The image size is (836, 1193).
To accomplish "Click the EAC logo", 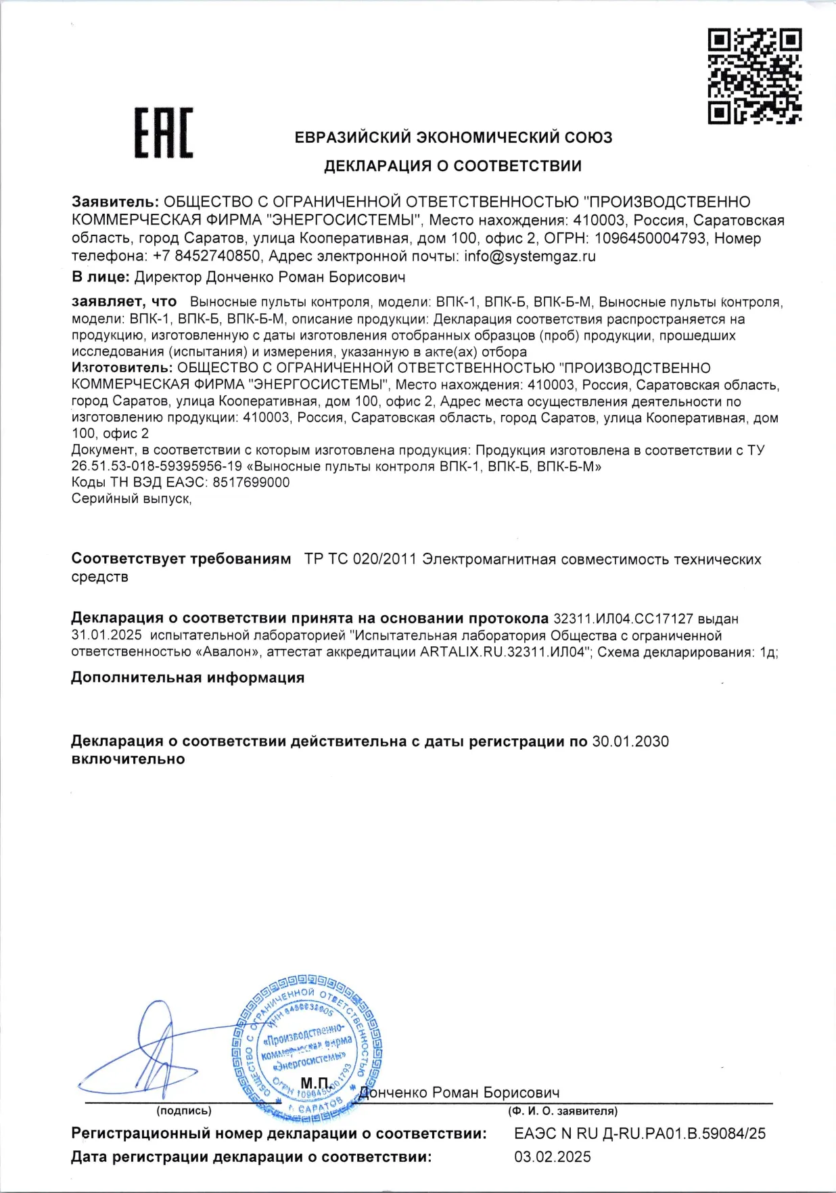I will point(163,133).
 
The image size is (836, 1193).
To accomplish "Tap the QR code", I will point(754,76).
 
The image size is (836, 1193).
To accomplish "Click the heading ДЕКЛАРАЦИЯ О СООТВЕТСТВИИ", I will point(452,166).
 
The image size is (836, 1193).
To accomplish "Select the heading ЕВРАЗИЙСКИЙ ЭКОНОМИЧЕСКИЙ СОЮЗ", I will point(453,137).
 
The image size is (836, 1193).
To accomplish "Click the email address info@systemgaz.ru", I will point(530,256).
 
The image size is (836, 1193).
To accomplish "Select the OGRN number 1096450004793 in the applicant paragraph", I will point(649,238).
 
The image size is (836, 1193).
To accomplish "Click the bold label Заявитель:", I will point(115,202).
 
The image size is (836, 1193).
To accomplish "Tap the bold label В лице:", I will point(100,277).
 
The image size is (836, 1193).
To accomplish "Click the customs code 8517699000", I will point(251,482).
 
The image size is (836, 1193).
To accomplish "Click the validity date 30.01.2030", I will point(630,742).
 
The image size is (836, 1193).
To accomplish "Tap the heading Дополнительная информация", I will point(187,678).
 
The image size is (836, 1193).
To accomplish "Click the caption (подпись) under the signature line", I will point(184,1110).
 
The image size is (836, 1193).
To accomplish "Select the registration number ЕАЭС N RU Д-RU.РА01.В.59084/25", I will point(640,1133).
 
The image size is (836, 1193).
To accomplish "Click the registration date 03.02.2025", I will point(553,1157).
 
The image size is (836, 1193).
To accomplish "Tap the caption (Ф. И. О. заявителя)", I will point(563,1110).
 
